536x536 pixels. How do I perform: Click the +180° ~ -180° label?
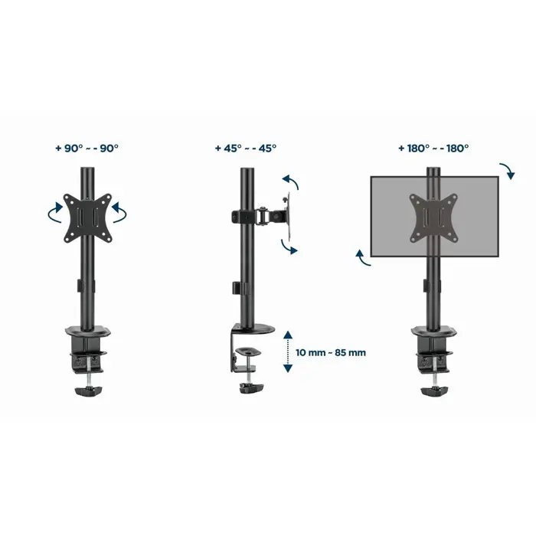click(x=433, y=148)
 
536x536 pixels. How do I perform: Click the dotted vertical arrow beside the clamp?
click(x=287, y=351)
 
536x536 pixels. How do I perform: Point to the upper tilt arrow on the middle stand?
click(x=290, y=182)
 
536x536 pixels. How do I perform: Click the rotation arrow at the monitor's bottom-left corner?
click(x=364, y=258)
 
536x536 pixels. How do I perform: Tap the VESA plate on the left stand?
click(x=87, y=212)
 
